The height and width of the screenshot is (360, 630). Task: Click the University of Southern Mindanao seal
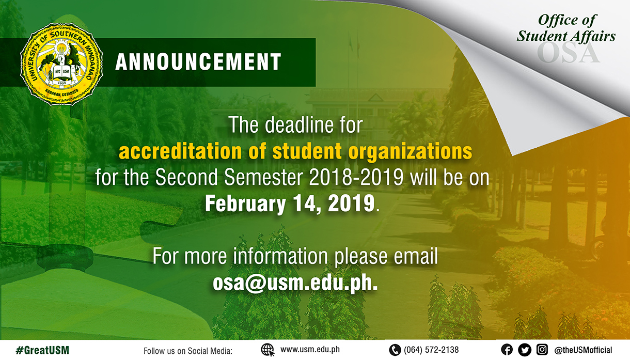pos(61,64)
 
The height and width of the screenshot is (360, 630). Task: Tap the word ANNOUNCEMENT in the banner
pos(198,61)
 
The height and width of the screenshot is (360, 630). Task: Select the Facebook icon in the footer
pos(507,350)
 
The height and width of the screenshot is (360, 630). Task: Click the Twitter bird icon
pos(525,350)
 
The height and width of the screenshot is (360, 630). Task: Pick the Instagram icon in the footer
pos(542,350)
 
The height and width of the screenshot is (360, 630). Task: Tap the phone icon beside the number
pos(395,350)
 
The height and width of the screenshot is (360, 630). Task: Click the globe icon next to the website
pos(267,350)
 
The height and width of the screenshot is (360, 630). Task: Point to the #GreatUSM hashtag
pos(42,350)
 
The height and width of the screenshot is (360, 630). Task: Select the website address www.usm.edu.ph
pos(310,350)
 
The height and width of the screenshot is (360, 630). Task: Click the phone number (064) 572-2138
pos(431,350)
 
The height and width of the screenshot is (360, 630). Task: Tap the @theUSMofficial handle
pos(583,350)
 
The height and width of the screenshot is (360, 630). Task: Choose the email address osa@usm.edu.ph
pos(295,283)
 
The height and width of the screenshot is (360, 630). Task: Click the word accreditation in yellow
pos(180,152)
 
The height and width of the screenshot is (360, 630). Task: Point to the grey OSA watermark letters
pos(568,53)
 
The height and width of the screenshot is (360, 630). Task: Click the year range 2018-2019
pos(356,177)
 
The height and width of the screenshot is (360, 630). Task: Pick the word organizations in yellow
pos(410,152)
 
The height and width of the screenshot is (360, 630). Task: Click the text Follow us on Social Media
pos(188,351)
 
